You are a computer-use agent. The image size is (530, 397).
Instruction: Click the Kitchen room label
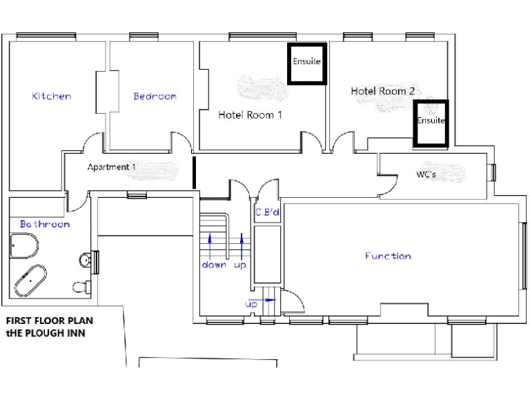click(x=51, y=96)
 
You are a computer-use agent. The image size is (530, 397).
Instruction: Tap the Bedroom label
click(x=155, y=96)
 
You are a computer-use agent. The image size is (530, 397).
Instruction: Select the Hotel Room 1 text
click(x=250, y=114)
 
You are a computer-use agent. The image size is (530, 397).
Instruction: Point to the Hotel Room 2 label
click(x=382, y=91)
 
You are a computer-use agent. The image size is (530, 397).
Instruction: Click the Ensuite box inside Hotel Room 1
click(x=306, y=63)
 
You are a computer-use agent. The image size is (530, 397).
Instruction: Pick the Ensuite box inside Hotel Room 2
click(x=431, y=123)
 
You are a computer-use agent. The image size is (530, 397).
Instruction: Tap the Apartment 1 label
click(x=111, y=167)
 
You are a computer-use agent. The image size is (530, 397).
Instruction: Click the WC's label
click(x=425, y=174)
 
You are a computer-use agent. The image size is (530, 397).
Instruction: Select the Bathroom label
click(x=45, y=224)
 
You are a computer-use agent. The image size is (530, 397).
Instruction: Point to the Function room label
click(x=388, y=256)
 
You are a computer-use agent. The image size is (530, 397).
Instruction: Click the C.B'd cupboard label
click(x=267, y=212)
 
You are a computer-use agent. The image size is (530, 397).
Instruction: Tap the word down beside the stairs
click(x=214, y=265)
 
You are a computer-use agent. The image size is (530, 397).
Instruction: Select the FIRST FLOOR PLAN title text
click(x=49, y=320)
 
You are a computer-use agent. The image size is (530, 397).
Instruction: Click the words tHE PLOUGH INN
click(x=45, y=334)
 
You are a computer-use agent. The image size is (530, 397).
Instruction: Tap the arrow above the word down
click(x=210, y=245)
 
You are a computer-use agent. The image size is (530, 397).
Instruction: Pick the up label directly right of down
click(x=241, y=265)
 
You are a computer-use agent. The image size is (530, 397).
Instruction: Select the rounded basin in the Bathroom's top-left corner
click(x=25, y=245)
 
